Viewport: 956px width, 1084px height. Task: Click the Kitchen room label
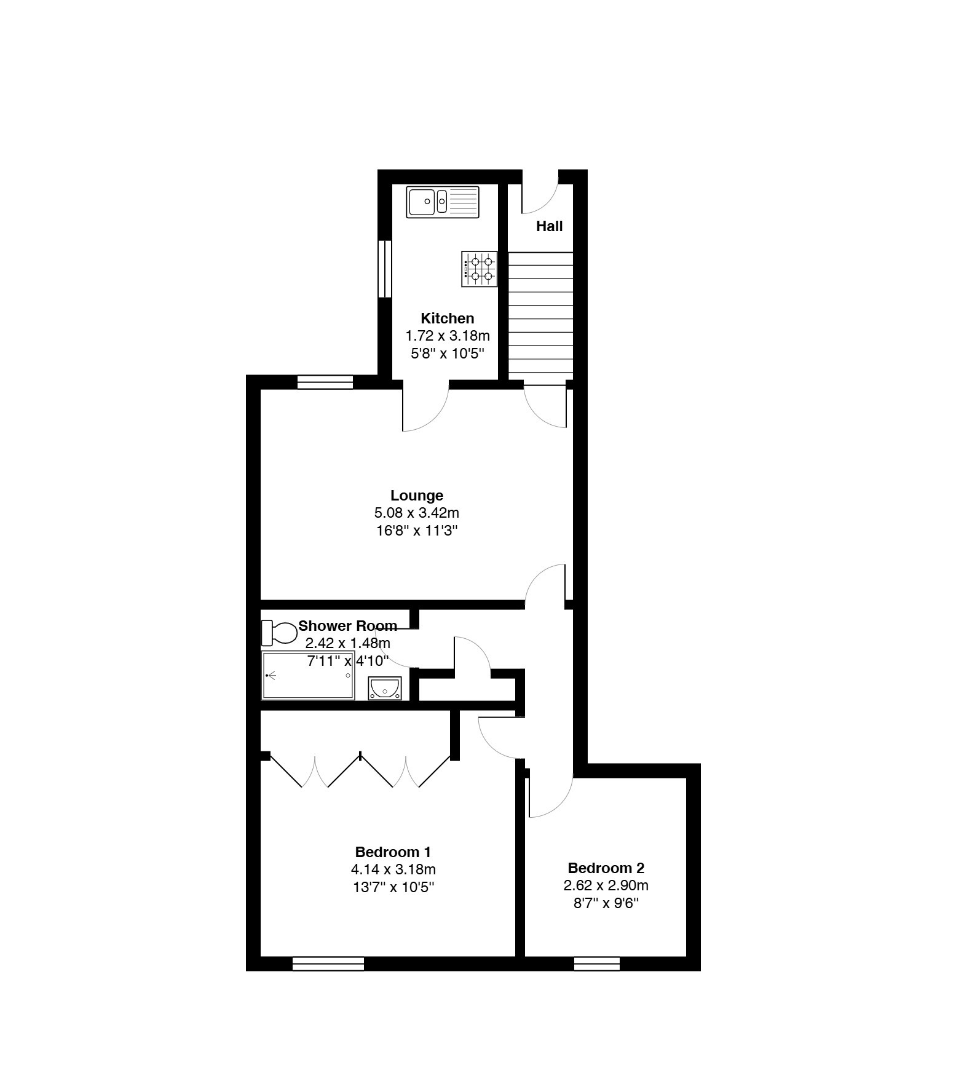click(x=448, y=318)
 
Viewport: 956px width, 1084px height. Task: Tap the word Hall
click(x=549, y=226)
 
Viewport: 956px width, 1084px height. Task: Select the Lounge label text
click(x=417, y=496)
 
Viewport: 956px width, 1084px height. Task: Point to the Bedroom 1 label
click(x=393, y=852)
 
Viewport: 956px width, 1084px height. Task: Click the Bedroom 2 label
click(x=606, y=868)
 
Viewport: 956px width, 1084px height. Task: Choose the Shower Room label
click(x=347, y=626)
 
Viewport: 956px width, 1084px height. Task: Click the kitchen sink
click(x=442, y=202)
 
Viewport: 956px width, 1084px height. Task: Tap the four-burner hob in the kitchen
click(x=479, y=269)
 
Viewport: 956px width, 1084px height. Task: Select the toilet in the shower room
click(x=279, y=633)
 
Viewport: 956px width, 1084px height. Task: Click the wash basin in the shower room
click(x=385, y=688)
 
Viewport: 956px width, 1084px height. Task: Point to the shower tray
click(x=308, y=675)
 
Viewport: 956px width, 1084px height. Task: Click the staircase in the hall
click(x=540, y=316)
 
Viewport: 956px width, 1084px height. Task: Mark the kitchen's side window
click(x=385, y=269)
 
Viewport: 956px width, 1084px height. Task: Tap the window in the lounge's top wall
click(x=325, y=382)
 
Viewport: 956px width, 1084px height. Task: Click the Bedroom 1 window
click(x=328, y=963)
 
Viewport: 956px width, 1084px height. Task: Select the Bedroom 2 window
click(x=596, y=963)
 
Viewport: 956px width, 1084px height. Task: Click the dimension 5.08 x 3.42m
click(x=417, y=513)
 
